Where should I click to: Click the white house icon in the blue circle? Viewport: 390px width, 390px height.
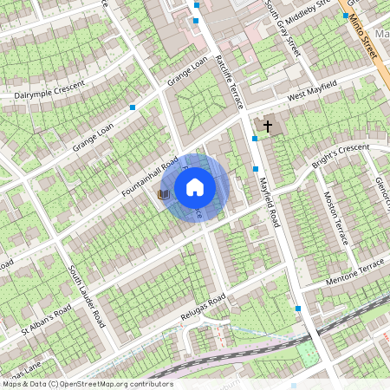point(195,186)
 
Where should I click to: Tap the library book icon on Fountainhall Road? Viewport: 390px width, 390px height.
point(162,195)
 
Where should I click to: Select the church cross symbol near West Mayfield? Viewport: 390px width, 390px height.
point(267,127)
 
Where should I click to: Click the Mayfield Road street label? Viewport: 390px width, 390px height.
point(269,195)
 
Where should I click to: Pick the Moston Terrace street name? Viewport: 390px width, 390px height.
point(335,218)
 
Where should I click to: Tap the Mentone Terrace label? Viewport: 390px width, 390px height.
point(354,271)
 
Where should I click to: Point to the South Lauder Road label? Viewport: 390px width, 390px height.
point(87,295)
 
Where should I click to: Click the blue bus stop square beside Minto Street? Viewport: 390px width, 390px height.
point(345,16)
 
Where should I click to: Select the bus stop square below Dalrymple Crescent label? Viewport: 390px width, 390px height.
point(133,107)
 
